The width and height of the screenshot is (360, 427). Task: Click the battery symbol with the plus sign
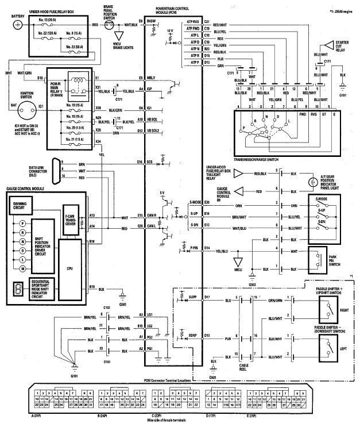click(18, 25)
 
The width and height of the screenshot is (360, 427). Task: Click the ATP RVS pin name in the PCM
click(192, 21)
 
